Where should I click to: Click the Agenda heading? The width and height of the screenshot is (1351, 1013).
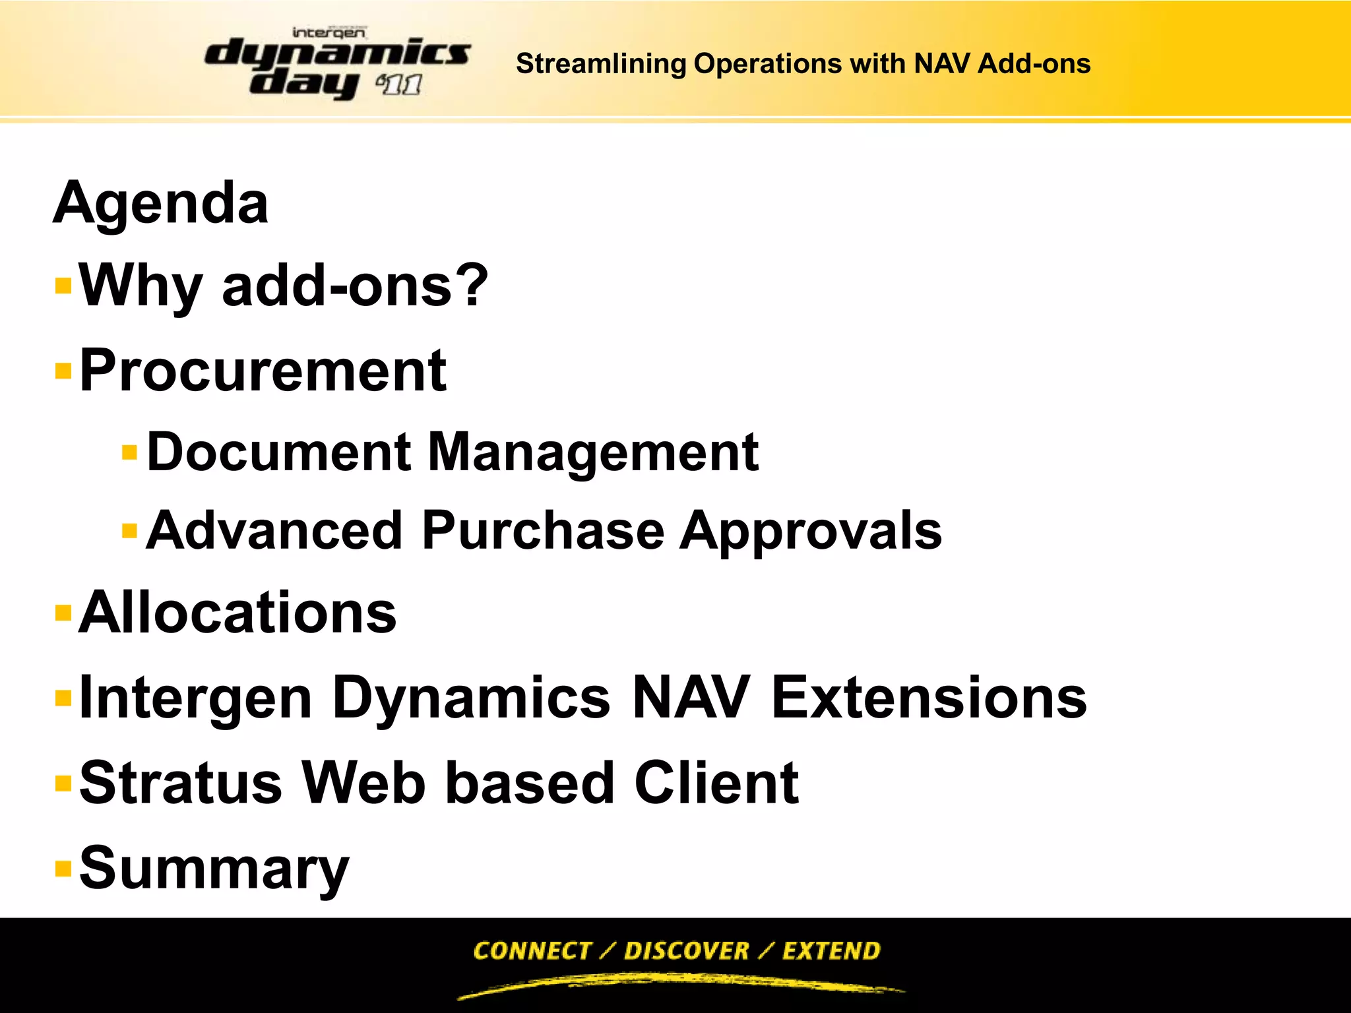[x=161, y=203]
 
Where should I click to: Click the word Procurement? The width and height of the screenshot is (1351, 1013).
[x=263, y=371]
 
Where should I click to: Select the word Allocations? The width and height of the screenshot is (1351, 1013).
[x=237, y=613]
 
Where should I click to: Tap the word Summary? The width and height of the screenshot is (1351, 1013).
[x=214, y=869]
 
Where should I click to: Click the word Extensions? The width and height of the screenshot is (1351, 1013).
[x=929, y=698]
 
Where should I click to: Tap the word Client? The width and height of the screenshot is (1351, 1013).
[x=716, y=783]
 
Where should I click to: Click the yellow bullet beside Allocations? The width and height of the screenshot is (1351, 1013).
[x=63, y=613]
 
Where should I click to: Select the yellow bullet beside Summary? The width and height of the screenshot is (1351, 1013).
[x=63, y=868]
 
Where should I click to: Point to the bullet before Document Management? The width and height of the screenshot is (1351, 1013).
[x=130, y=452]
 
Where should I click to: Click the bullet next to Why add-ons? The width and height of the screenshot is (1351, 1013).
[x=63, y=286]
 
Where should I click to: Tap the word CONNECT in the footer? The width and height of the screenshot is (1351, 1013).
[x=532, y=950]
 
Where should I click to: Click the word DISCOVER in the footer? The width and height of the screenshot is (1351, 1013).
[x=686, y=950]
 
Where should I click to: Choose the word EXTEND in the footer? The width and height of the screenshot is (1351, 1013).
[x=831, y=950]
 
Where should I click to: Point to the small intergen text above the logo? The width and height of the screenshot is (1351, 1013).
[x=329, y=32]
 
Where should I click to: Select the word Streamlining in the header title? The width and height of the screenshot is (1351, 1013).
[x=601, y=64]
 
